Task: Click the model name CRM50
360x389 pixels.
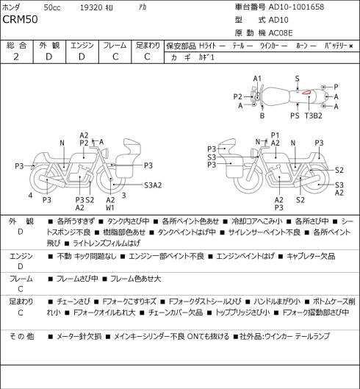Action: pyautogui.click(x=20, y=20)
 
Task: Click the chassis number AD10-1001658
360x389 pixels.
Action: pyautogui.click(x=296, y=7)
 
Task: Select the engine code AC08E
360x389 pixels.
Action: pyautogui.click(x=281, y=33)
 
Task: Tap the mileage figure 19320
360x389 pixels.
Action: pyautogui.click(x=91, y=7)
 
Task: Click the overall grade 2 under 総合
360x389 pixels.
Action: pyautogui.click(x=16, y=57)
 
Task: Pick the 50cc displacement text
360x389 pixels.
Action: pyautogui.click(x=52, y=7)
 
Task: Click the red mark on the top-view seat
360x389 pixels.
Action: pyautogui.click(x=306, y=93)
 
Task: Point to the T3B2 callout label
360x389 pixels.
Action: pyautogui.click(x=314, y=115)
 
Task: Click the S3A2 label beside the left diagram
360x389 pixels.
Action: pyautogui.click(x=153, y=185)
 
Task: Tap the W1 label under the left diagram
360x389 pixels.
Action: pyautogui.click(x=110, y=207)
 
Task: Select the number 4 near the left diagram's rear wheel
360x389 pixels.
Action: pyautogui.click(x=30, y=196)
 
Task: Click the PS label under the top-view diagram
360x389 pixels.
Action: pyautogui.click(x=295, y=115)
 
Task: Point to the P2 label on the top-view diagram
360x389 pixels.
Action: pyautogui.click(x=238, y=96)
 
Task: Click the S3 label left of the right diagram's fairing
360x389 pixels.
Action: pyautogui.click(x=212, y=157)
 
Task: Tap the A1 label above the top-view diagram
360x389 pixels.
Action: pyautogui.click(x=257, y=79)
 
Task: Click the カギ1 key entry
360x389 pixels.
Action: pyautogui.click(x=206, y=57)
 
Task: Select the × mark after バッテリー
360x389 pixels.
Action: pyautogui.click(x=351, y=46)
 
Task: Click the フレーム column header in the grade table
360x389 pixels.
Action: pyautogui.click(x=115, y=46)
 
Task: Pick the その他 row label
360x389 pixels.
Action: pyautogui.click(x=21, y=336)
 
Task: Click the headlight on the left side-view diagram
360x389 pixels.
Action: pyautogui.click(x=106, y=152)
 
